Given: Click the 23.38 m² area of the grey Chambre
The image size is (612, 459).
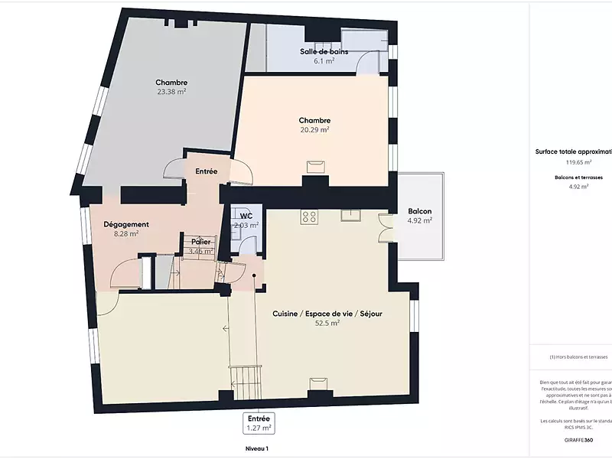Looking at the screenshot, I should [x=171, y=91].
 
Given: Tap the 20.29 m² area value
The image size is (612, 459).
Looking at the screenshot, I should [x=314, y=129].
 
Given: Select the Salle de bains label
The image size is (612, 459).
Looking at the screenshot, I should [x=324, y=51].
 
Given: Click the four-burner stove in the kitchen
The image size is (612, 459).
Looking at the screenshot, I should [x=310, y=216].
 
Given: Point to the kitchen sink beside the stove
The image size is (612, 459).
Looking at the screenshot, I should [x=350, y=215].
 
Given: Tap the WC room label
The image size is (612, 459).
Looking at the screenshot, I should [x=246, y=216].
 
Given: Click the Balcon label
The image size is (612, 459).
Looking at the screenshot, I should [x=419, y=211].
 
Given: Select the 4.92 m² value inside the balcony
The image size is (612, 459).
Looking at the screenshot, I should [x=419, y=220].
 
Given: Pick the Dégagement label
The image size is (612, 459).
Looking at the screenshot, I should [x=125, y=224].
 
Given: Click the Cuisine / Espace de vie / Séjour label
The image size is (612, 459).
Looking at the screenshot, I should [x=327, y=314].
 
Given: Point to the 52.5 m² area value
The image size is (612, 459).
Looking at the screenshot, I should [x=327, y=323].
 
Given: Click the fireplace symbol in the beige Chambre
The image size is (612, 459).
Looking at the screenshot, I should [x=314, y=165].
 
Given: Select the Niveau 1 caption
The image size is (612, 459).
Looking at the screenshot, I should [x=256, y=449].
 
